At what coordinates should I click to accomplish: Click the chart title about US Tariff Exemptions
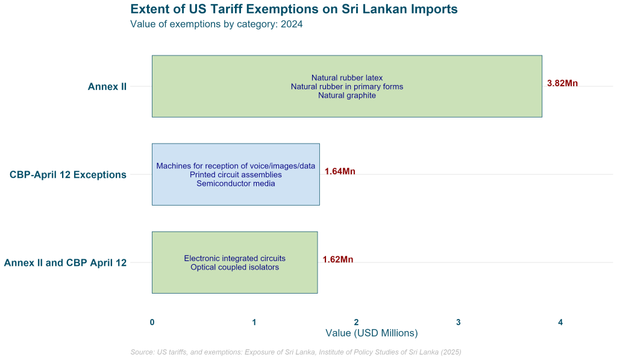293,10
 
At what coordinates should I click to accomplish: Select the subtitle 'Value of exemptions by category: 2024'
216,25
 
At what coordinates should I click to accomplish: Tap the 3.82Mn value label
562,84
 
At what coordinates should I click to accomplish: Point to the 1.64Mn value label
340,172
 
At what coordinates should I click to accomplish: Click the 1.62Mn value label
337,260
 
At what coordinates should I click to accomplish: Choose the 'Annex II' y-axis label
107,87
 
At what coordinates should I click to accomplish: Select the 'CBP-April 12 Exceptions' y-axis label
68,175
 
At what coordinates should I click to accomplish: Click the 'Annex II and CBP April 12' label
65,263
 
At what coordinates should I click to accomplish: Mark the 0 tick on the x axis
152,323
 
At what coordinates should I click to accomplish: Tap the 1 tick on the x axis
254,323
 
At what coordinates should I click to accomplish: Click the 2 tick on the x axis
356,323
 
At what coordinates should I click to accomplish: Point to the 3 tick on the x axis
459,323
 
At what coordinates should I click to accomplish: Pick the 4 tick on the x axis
560,323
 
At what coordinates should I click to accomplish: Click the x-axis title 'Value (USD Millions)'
371,333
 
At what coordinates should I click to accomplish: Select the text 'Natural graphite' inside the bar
347,95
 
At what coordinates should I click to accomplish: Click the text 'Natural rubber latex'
347,78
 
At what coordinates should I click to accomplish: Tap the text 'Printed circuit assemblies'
236,175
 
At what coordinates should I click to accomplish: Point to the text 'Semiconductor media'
236,183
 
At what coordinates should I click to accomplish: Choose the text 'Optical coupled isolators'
234,267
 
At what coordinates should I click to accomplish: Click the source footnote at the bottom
296,352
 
